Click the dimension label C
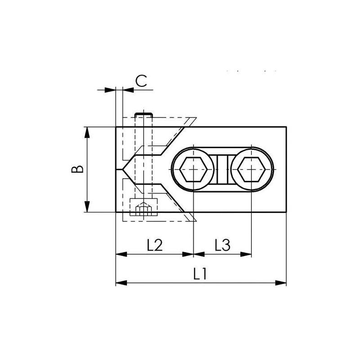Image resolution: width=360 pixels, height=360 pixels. (x=141, y=81)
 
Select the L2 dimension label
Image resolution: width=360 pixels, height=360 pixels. (x=154, y=245)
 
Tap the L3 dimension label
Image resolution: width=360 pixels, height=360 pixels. (x=222, y=245)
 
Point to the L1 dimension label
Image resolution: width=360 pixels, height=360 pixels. (x=200, y=274)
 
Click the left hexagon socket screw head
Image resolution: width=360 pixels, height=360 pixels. (x=193, y=170)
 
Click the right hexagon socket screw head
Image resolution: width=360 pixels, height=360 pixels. (x=252, y=170)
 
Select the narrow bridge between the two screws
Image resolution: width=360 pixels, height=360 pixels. (x=223, y=170)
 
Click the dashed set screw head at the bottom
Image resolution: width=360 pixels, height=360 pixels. (x=144, y=208)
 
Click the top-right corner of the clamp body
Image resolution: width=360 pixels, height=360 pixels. (x=286, y=127)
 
